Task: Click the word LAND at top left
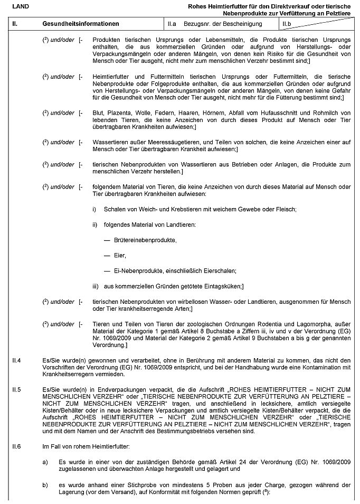(x=20, y=6)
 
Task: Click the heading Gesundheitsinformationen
(x=80, y=24)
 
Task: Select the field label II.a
(x=172, y=24)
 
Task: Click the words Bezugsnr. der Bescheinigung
(x=223, y=24)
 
